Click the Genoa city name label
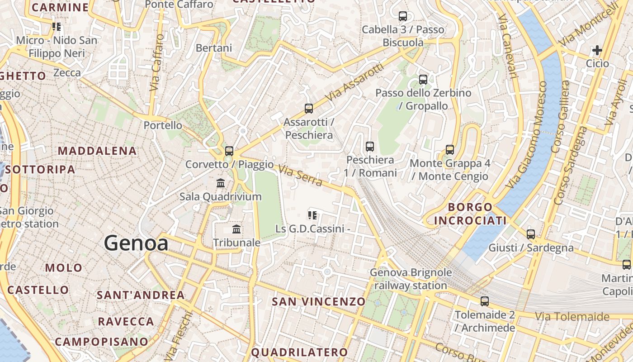pyautogui.click(x=136, y=243)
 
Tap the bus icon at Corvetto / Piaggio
pyautogui.click(x=229, y=151)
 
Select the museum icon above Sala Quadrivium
pyautogui.click(x=221, y=183)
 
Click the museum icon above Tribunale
pyautogui.click(x=236, y=229)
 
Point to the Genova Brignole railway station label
pyautogui.click(x=411, y=279)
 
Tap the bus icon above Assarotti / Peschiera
pyautogui.click(x=309, y=109)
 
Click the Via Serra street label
pyautogui.click(x=300, y=176)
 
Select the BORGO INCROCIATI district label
pyautogui.click(x=470, y=214)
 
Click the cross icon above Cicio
pyautogui.click(x=597, y=50)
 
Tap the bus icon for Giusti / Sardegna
pyautogui.click(x=531, y=234)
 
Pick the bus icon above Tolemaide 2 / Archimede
pyautogui.click(x=485, y=301)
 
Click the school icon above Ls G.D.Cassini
pyautogui.click(x=312, y=215)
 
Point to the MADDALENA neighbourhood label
pyautogui.click(x=98, y=151)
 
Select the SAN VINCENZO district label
pyautogui.click(x=318, y=301)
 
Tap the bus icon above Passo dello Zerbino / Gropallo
pyautogui.click(x=423, y=80)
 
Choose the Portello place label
pyautogui.click(x=163, y=125)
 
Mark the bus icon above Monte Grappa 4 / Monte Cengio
pyautogui.click(x=450, y=150)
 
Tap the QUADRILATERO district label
pyautogui.click(x=299, y=352)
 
